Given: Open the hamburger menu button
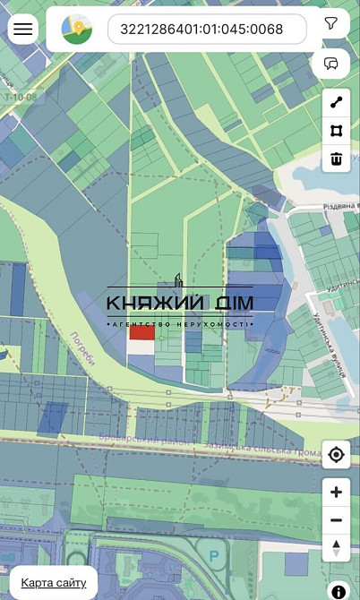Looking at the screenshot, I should pyautogui.click(x=22, y=29).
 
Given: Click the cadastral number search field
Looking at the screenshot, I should pyautogui.click(x=207, y=29).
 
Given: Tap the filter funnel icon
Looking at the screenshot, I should pyautogui.click(x=332, y=24).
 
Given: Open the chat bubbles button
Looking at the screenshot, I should pyautogui.click(x=332, y=64).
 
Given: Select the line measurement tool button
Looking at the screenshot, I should pyautogui.click(x=336, y=103).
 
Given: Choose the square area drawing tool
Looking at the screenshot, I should pyautogui.click(x=336, y=131).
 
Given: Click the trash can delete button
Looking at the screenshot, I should pyautogui.click(x=336, y=159).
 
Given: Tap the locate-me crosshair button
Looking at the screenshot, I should pyautogui.click(x=336, y=455).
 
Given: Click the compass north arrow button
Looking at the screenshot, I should pyautogui.click(x=336, y=547).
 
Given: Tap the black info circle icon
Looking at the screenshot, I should pyautogui.click(x=339, y=591).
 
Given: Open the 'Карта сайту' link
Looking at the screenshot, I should pyautogui.click(x=54, y=583).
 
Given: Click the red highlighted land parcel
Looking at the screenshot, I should pyautogui.click(x=141, y=332).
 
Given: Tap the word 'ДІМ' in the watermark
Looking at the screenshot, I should pyautogui.click(x=229, y=303).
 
